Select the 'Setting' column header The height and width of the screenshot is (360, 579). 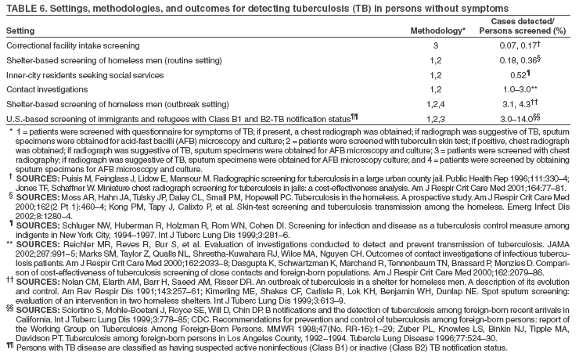(x=20, y=31)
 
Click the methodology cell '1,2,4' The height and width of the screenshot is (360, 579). (x=436, y=105)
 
